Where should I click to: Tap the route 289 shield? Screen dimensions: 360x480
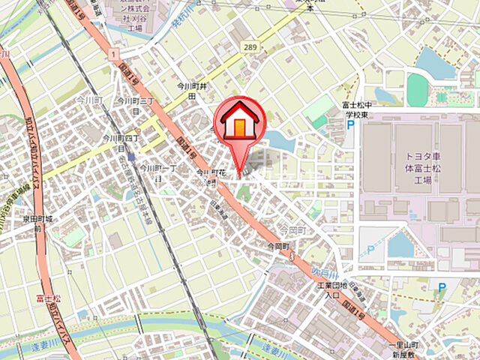[x=250, y=47]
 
